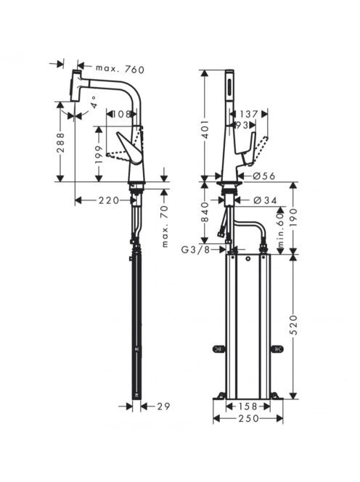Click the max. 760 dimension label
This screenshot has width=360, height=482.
[x=120, y=69]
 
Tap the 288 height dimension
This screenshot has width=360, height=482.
[x=60, y=143]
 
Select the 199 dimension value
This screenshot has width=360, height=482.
[x=99, y=155]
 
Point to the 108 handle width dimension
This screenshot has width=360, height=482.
[x=121, y=115]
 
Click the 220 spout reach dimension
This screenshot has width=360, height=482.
[x=109, y=200]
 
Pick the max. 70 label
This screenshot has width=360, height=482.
[x=165, y=226]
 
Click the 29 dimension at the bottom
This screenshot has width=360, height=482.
[x=163, y=407]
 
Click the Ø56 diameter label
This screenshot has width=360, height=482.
[x=264, y=176]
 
